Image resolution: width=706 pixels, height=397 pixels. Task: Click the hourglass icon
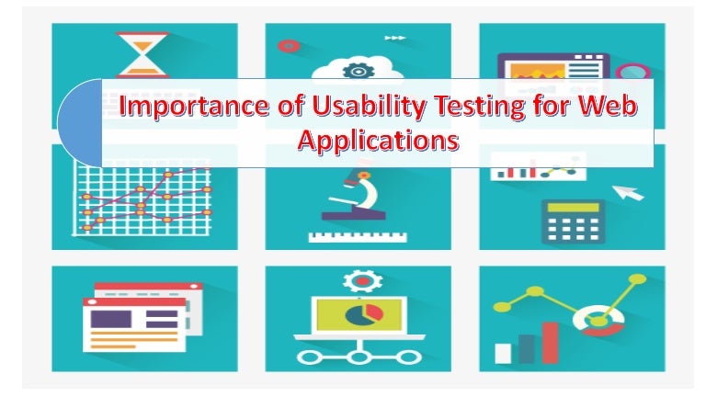pos(142,55)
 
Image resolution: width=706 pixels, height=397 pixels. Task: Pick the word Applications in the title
pos(378,142)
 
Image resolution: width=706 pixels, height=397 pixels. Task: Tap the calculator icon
pos(571,221)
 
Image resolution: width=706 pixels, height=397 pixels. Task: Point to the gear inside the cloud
pos(355,69)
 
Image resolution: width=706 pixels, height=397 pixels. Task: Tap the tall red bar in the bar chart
pos(550,342)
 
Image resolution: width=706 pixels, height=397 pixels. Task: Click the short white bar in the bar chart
pos(503,353)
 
